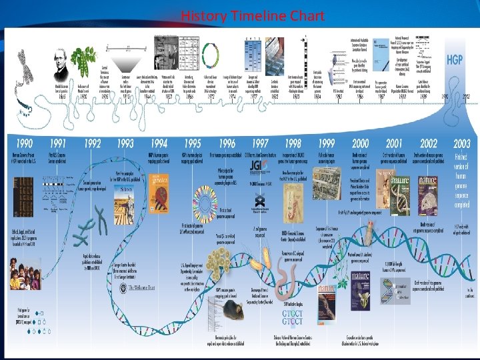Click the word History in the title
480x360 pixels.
tap(203, 16)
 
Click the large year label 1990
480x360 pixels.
tap(24, 144)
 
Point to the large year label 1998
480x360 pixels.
tap(293, 144)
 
